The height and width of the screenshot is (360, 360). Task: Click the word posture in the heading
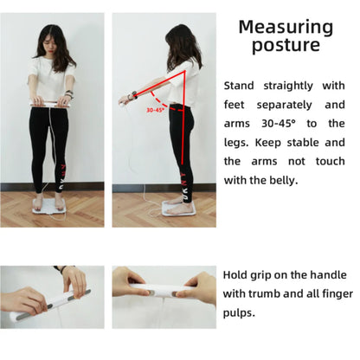coord(286,46)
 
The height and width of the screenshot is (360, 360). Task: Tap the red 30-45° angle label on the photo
coord(155,110)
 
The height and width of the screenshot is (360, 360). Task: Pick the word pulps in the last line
coord(239,313)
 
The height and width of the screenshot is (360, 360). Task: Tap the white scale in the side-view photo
coord(179,208)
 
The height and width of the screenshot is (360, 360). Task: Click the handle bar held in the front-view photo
coord(50,103)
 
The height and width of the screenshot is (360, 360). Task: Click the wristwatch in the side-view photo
coord(133,95)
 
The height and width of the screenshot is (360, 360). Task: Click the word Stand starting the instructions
coord(239,86)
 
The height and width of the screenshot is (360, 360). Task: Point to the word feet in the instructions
coord(234,105)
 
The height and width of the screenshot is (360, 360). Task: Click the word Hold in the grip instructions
coord(235,275)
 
